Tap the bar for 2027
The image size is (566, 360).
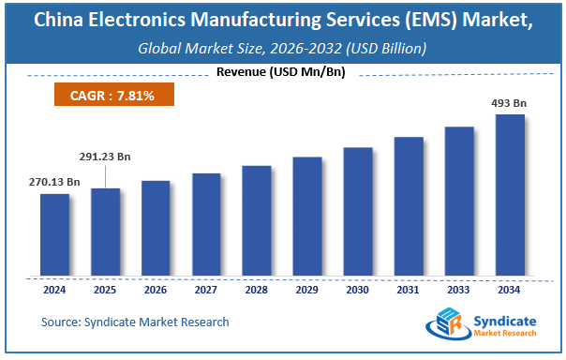pos(206,224)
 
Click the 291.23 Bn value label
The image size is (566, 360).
pos(105,158)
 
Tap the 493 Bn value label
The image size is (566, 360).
pos(509,103)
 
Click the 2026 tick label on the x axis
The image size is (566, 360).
pos(156,290)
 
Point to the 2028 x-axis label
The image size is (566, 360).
pos(257,290)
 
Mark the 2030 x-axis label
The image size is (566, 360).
pos(358,290)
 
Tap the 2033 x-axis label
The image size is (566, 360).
pos(459,290)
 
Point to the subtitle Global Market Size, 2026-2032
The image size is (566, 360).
pos(282,46)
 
